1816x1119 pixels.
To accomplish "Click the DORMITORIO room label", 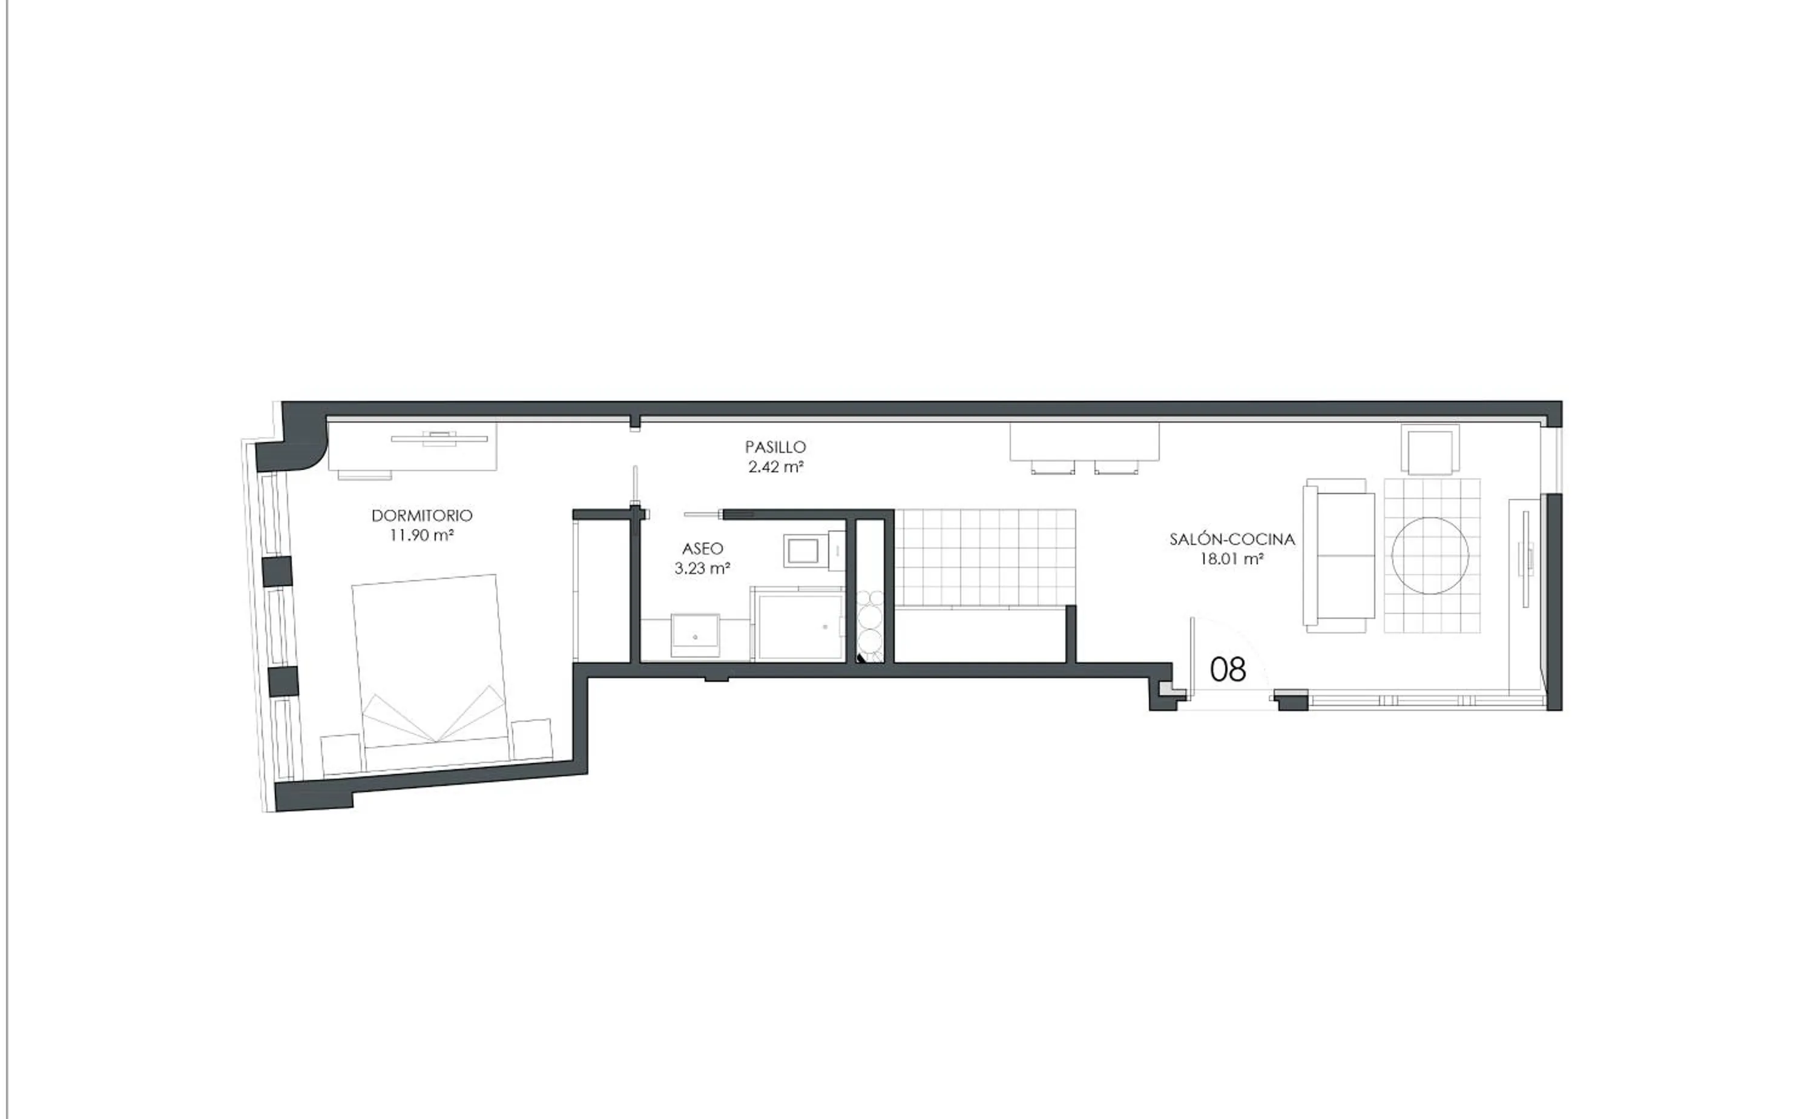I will [422, 515].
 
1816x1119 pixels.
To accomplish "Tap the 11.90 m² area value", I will [422, 535].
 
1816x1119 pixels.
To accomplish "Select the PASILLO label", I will [775, 447].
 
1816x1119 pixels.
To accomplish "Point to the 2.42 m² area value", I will [775, 467].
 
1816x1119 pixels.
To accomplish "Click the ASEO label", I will [703, 549].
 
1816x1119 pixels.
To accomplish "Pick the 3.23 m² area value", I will [703, 569].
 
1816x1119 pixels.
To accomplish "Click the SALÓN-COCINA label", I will [1232, 540].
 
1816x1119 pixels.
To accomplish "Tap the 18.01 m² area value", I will [1232, 559].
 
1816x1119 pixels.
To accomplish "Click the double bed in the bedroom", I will [429, 659].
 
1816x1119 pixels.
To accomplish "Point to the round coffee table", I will [1430, 555].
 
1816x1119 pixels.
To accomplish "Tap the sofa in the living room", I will [1339, 555].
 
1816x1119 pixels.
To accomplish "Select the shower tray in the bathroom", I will [797, 626].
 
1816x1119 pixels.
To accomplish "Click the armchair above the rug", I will [1430, 450].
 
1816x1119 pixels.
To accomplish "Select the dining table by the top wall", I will [1084, 442].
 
